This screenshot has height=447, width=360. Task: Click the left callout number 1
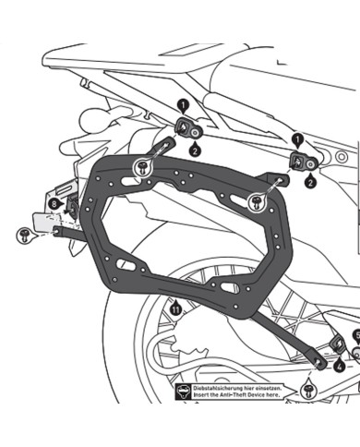click(x=182, y=106)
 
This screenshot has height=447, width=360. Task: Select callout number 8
click(x=54, y=201)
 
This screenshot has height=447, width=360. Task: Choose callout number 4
click(x=341, y=367)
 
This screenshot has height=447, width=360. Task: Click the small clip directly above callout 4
click(x=338, y=344)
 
